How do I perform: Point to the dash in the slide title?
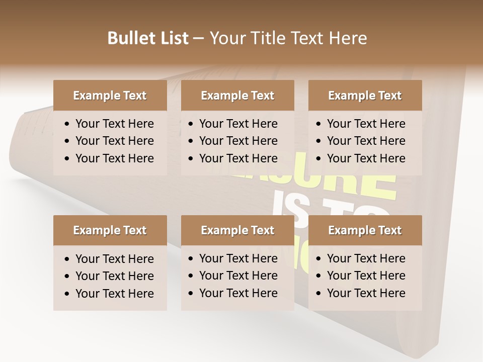199,39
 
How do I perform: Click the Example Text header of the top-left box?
110,96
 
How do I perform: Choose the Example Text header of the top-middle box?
237,96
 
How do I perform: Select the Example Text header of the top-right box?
365,96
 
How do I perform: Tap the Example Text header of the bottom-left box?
110,230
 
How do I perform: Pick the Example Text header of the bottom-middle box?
237,230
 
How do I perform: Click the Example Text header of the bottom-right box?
365,230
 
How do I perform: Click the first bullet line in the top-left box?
114,124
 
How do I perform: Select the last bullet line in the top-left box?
114,158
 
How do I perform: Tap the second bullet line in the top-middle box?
238,141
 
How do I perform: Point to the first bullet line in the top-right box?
366,124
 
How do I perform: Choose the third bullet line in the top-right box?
366,158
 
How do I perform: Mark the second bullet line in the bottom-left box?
114,276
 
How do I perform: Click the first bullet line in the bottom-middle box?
238,258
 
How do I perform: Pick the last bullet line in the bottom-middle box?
238,293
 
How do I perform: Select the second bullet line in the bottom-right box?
366,276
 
